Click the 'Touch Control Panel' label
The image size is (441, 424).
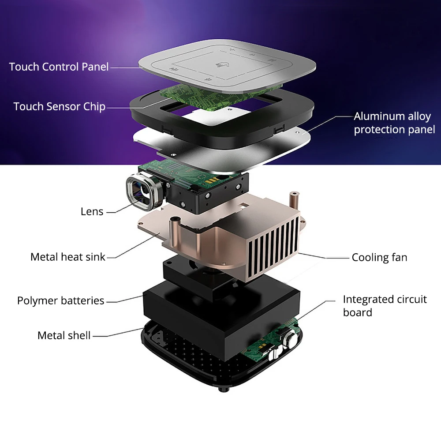point(59,67)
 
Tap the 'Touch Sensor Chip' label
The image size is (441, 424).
point(59,107)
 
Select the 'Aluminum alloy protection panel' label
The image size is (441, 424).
point(394,123)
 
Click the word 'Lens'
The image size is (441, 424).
point(92,212)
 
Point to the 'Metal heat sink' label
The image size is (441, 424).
point(68,257)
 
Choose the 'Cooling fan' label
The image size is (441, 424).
point(379,258)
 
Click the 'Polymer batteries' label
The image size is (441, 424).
point(61,301)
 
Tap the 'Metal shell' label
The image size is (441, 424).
point(64,336)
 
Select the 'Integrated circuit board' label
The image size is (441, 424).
point(385,306)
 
